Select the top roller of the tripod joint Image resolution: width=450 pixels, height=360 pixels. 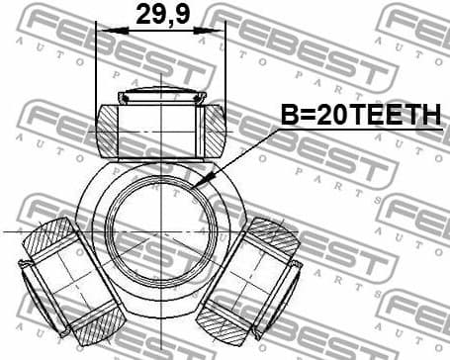pos(159,127)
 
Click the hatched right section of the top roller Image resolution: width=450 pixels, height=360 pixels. pos(212,129)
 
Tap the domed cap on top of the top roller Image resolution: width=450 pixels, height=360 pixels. pos(159,97)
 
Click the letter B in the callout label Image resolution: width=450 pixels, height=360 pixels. pos(288,117)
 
